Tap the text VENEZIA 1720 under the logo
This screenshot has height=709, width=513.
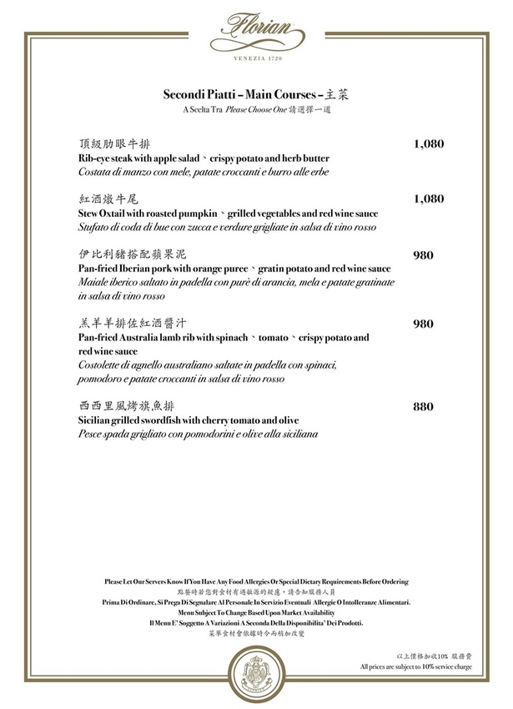point(256,64)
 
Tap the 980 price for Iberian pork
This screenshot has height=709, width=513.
point(424,254)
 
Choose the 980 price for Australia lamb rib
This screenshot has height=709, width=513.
point(424,324)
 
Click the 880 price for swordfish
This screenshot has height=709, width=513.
point(424,407)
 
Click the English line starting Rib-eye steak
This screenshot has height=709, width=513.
point(204,158)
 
